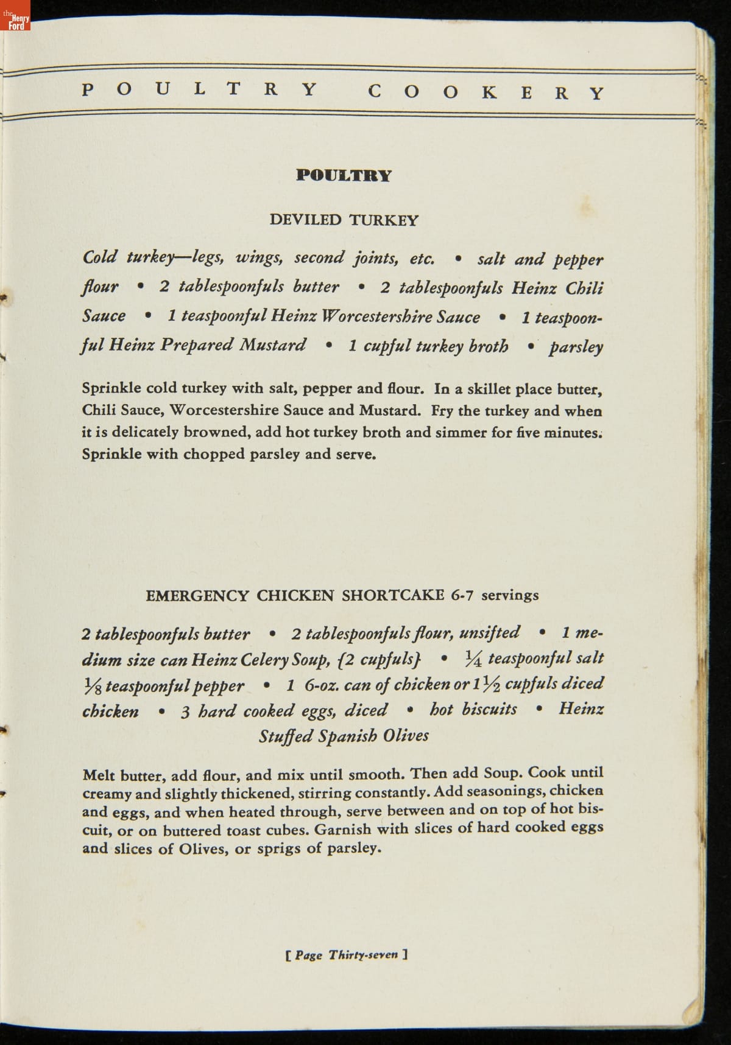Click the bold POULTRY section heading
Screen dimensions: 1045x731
(x=344, y=175)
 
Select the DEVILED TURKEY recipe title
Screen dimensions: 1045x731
(x=344, y=220)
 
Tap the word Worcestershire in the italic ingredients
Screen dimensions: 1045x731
(x=376, y=316)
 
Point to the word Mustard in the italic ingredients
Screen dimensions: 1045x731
(x=272, y=345)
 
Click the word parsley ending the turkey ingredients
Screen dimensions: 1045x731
(x=576, y=347)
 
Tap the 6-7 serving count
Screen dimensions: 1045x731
(x=462, y=595)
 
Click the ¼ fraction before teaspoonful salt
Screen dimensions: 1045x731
(x=473, y=659)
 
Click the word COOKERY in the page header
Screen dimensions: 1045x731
(x=486, y=93)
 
